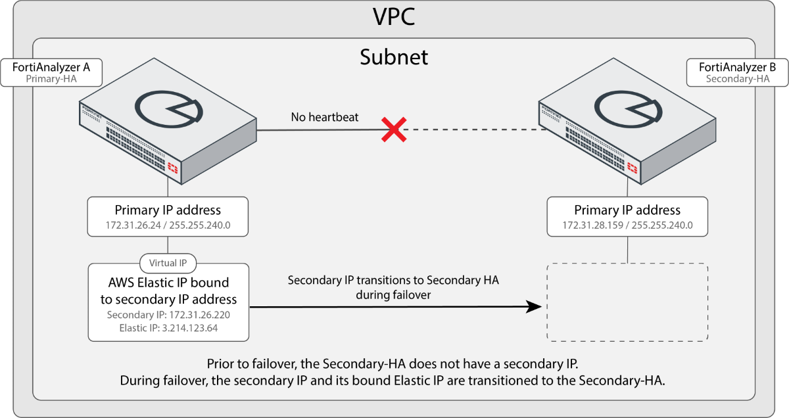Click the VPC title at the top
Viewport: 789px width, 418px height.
pyautogui.click(x=394, y=16)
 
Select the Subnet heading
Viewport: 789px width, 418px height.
pyautogui.click(x=394, y=57)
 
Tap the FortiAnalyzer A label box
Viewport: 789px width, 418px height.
pyautogui.click(x=51, y=72)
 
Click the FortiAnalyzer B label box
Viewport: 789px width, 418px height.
pyautogui.click(x=737, y=72)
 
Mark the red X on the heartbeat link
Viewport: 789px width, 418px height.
pyautogui.click(x=393, y=130)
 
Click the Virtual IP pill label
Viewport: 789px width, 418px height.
pyautogui.click(x=168, y=264)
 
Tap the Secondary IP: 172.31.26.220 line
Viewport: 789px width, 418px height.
pyautogui.click(x=168, y=315)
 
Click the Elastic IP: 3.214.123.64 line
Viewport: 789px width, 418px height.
pyautogui.click(x=168, y=327)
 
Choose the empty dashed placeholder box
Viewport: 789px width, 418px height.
pyautogui.click(x=627, y=302)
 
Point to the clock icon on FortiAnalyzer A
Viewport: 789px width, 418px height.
pyautogui.click(x=168, y=108)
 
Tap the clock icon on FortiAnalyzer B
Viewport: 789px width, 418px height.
pyautogui.click(x=627, y=108)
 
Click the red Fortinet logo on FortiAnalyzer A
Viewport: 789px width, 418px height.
pyautogui.click(x=174, y=168)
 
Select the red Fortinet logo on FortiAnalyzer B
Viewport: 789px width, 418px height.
pyautogui.click(x=633, y=168)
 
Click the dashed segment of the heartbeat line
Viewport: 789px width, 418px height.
pyautogui.click(x=473, y=130)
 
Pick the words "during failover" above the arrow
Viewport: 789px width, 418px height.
pyautogui.click(x=393, y=295)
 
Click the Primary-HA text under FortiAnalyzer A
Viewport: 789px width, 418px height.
pyautogui.click(x=51, y=78)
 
